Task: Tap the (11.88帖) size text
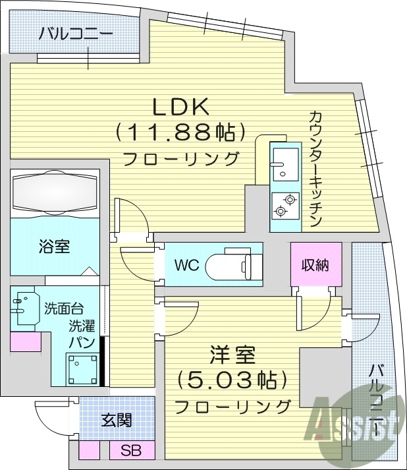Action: click(x=176, y=132)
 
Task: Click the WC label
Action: click(x=186, y=266)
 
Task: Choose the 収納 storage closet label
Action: click(x=316, y=265)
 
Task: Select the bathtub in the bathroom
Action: click(x=56, y=192)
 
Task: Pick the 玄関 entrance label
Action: click(x=117, y=419)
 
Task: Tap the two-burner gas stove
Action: click(x=285, y=205)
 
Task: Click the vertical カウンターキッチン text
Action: click(x=316, y=169)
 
